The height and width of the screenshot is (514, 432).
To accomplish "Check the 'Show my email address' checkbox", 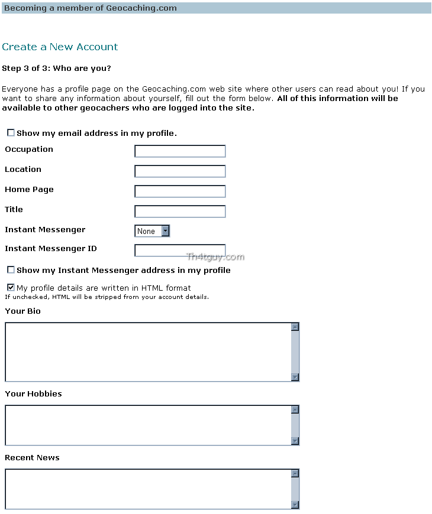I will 11,133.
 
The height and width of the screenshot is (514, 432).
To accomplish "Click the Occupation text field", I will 180,151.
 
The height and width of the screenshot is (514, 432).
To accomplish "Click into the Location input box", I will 180,171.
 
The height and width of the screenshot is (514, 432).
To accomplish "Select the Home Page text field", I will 180,191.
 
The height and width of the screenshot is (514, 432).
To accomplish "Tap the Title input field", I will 180,212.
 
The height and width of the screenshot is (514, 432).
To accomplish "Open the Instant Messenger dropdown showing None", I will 152,231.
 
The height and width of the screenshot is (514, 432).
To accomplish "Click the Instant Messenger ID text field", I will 180,251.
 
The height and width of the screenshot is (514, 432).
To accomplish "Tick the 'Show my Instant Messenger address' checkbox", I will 11,270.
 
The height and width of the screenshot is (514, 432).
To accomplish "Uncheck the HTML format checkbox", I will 11,288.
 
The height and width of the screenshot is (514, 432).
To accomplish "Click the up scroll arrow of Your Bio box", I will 295,327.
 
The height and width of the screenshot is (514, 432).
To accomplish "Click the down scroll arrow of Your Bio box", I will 295,378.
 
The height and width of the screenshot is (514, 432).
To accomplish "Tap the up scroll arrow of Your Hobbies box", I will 295,409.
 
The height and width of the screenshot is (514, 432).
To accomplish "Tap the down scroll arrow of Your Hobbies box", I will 295,441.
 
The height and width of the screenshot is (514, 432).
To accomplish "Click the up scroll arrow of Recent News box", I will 295,473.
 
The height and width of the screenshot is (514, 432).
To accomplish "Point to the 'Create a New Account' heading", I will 60,47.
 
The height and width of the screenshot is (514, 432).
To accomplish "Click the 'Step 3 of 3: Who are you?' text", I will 56,69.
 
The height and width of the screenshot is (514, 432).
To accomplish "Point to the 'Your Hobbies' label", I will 33,393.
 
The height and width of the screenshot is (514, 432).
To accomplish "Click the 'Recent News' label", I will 32,457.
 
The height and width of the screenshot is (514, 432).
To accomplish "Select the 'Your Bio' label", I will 22,311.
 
